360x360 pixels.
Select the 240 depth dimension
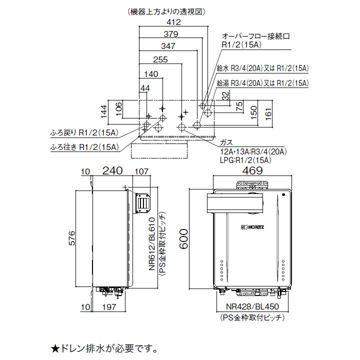(x=112, y=171)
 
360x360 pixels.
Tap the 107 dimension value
(x=141, y=171)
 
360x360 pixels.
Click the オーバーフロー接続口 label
(x=256, y=36)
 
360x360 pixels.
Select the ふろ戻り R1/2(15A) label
(x=83, y=132)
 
